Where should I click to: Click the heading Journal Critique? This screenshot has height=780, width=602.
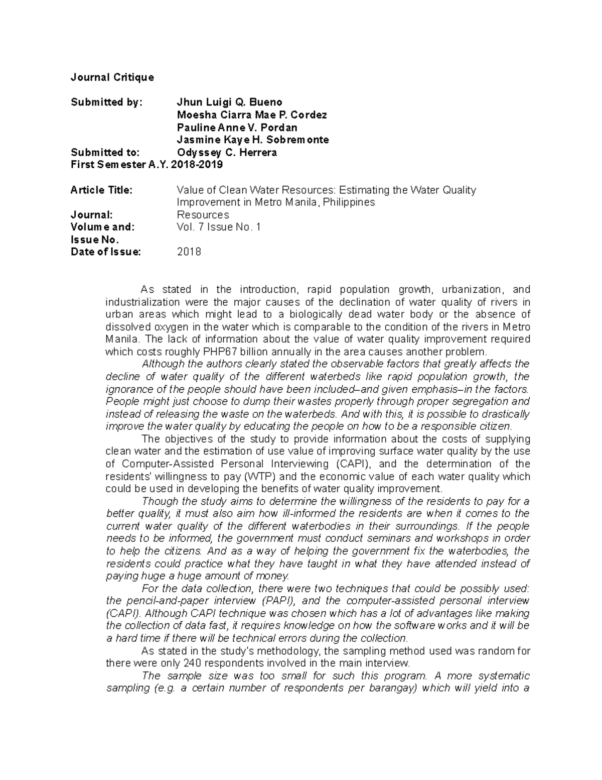[112, 77]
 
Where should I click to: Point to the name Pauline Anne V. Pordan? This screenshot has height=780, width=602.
[237, 128]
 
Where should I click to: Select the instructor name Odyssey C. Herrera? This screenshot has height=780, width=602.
[227, 152]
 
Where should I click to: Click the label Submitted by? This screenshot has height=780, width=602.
[106, 102]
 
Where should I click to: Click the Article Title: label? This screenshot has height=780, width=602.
[101, 190]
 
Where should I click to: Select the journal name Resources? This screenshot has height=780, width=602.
[203, 215]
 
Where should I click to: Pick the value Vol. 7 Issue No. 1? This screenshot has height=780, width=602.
[219, 227]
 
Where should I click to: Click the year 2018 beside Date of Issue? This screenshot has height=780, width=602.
[189, 252]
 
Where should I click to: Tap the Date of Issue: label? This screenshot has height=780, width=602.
[106, 252]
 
